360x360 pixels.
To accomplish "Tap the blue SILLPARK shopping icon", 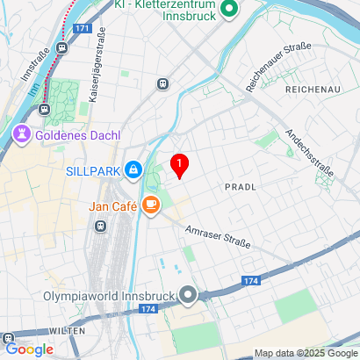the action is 133,169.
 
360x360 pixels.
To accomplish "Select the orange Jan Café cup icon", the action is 152,205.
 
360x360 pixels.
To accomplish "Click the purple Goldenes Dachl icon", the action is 19,134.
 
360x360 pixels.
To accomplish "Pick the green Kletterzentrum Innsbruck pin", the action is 229,10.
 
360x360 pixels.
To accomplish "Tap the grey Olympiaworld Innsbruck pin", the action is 187,294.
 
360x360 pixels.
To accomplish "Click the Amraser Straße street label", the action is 218,236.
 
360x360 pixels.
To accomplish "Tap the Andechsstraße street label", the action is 308,155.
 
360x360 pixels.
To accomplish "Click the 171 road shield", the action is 82,29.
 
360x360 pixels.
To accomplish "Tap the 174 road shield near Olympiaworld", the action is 148,310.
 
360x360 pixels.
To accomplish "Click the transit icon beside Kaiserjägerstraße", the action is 162,84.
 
